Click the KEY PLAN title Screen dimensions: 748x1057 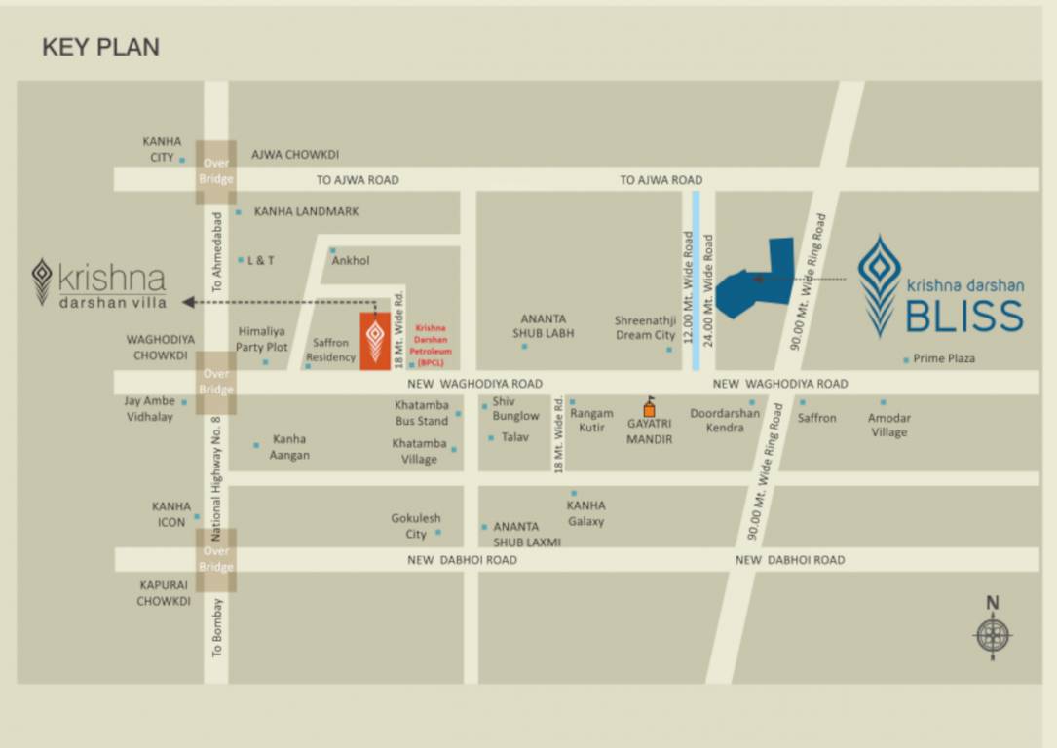tap(100, 47)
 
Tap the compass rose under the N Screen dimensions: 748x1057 tap(993, 636)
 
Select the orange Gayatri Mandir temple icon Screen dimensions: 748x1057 tap(649, 408)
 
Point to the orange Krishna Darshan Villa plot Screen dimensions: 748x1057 tap(375, 341)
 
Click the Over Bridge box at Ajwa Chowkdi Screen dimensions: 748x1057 tap(216, 171)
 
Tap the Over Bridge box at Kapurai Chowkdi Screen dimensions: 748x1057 tap(216, 559)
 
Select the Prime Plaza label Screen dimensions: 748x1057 tap(943, 358)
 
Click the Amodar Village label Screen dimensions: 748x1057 tap(888, 425)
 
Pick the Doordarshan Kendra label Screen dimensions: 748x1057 tap(725, 420)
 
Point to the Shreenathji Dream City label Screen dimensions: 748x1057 tap(645, 327)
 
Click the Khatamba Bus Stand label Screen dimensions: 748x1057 tap(422, 413)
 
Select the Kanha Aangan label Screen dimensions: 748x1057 tap(290, 447)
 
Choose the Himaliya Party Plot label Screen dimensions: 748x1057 tap(262, 339)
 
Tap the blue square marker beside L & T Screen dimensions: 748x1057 tap(241, 260)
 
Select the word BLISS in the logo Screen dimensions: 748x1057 tap(964, 316)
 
